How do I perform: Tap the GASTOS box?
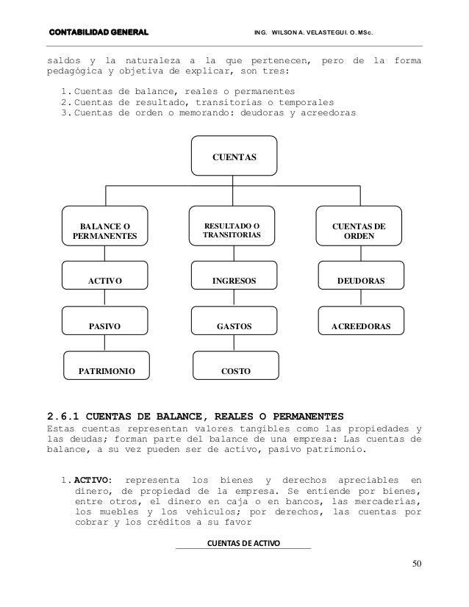235,324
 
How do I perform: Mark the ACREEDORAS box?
361,324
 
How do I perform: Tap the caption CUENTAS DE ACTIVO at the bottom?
244,543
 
